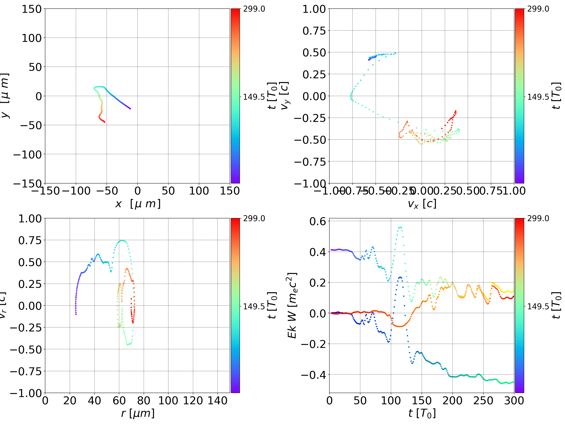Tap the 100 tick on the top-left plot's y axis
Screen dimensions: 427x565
[31, 38]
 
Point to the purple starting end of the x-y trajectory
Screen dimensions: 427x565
[130, 109]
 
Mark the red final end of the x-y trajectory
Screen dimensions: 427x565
[105, 122]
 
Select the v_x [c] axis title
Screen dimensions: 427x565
[422, 204]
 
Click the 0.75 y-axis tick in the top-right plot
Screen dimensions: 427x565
[314, 31]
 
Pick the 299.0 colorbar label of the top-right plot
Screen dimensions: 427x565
[538, 9]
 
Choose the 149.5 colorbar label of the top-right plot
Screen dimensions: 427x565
[538, 97]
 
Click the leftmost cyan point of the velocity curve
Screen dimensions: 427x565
[351, 97]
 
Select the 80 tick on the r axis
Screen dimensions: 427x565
[144, 401]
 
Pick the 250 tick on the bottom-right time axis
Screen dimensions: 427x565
[483, 401]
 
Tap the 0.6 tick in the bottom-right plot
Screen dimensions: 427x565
[318, 221]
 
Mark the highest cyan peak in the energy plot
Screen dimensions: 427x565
[400, 227]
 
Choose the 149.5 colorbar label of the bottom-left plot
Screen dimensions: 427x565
[254, 306]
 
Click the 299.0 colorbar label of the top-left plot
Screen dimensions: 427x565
[254, 9]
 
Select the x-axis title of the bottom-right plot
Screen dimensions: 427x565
[422, 413]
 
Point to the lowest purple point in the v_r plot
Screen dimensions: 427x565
[76, 314]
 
